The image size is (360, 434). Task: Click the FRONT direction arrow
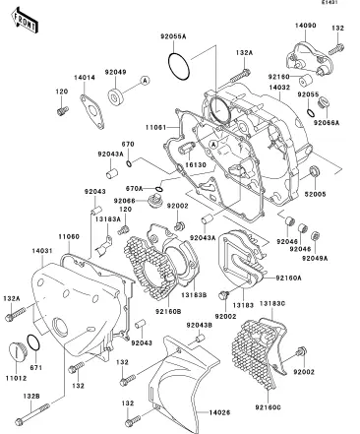24,21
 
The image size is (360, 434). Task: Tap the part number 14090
305,26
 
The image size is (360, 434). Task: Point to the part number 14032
279,88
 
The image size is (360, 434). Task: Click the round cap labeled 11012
15,352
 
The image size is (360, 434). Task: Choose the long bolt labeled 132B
32,414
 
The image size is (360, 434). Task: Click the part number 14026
219,412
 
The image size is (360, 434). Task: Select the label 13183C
272,303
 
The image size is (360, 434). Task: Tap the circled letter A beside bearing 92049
145,80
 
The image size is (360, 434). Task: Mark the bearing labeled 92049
116,96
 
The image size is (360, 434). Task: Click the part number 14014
85,78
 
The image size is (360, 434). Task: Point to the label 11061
155,127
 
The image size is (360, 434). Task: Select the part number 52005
315,194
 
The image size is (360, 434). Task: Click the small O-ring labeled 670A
158,189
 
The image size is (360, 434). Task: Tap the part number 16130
196,164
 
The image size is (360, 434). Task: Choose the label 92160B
168,311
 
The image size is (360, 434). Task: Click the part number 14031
42,251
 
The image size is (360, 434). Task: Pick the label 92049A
315,258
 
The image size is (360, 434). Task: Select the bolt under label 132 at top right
336,49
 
